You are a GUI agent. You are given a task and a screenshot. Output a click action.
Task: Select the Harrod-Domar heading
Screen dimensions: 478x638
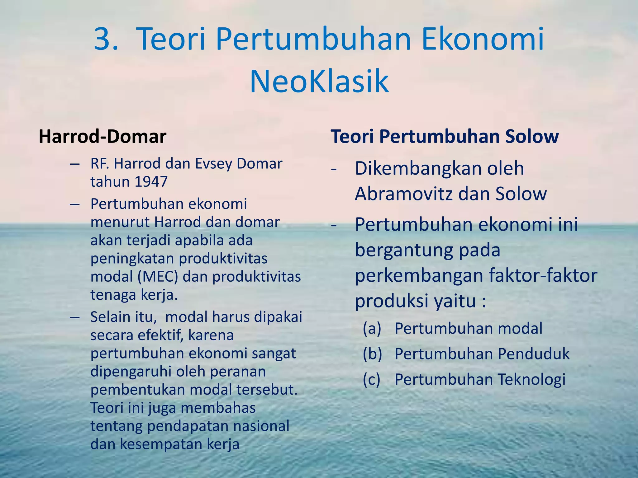coord(102,137)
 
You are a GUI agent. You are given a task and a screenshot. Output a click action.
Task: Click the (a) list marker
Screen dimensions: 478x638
coord(372,328)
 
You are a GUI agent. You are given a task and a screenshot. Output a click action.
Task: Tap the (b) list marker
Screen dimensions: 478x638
coord(372,354)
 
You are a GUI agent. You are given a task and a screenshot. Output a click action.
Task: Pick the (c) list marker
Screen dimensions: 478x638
coord(372,379)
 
